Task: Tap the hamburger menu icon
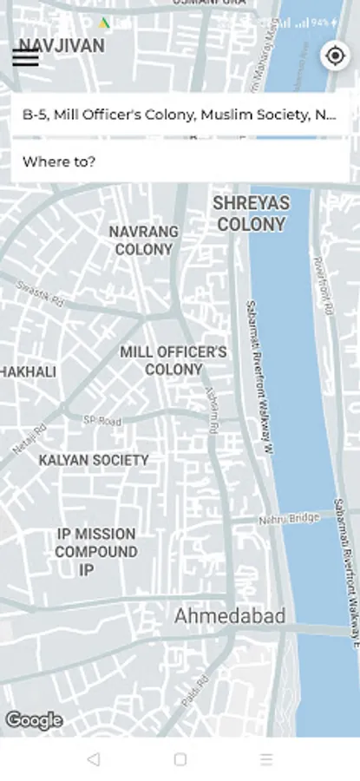tap(25, 58)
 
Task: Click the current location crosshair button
tap(334, 56)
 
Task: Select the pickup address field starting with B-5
tap(180, 115)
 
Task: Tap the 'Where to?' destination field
tap(180, 161)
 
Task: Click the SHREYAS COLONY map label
tap(252, 213)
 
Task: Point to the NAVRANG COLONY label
tap(144, 240)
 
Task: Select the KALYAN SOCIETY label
tap(94, 460)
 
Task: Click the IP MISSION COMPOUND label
tap(96, 551)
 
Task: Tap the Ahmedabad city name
tap(230, 616)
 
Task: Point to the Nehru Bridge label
tap(289, 519)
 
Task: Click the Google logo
tap(34, 720)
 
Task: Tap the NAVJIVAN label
tap(62, 46)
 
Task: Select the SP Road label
tap(102, 421)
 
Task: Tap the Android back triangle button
tap(94, 759)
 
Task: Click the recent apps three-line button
tap(265, 759)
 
